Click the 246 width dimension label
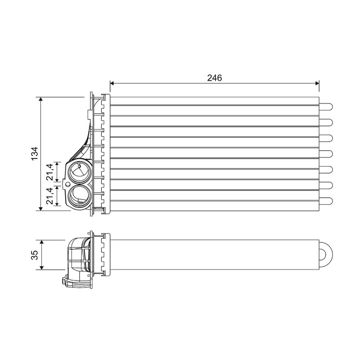click(x=215, y=78)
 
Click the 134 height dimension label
click(x=35, y=153)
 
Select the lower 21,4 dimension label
click(x=50, y=196)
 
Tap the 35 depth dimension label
click(x=35, y=255)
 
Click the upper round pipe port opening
click(x=78, y=172)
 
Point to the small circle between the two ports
click(x=67, y=184)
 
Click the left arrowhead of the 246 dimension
click(x=112, y=83)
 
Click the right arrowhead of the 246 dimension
click(x=317, y=83)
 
